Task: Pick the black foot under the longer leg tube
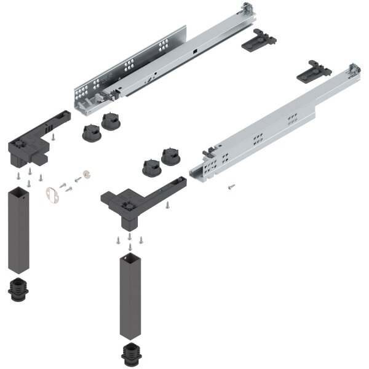[x=131, y=354]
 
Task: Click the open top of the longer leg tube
[x=130, y=255]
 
